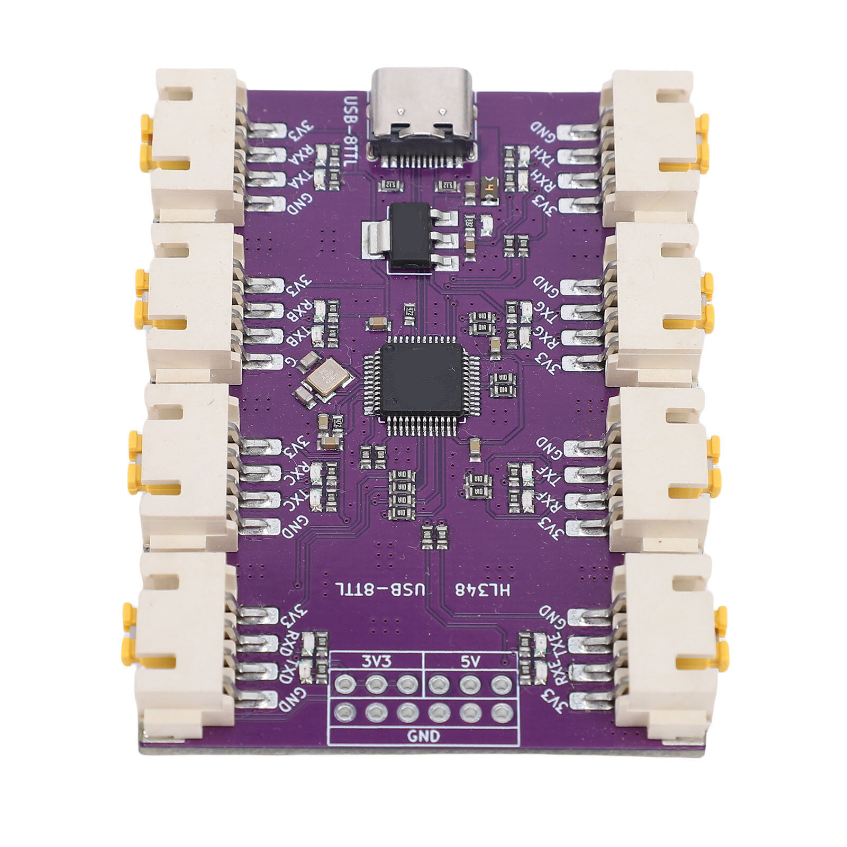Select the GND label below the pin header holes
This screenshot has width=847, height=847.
tap(423, 736)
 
